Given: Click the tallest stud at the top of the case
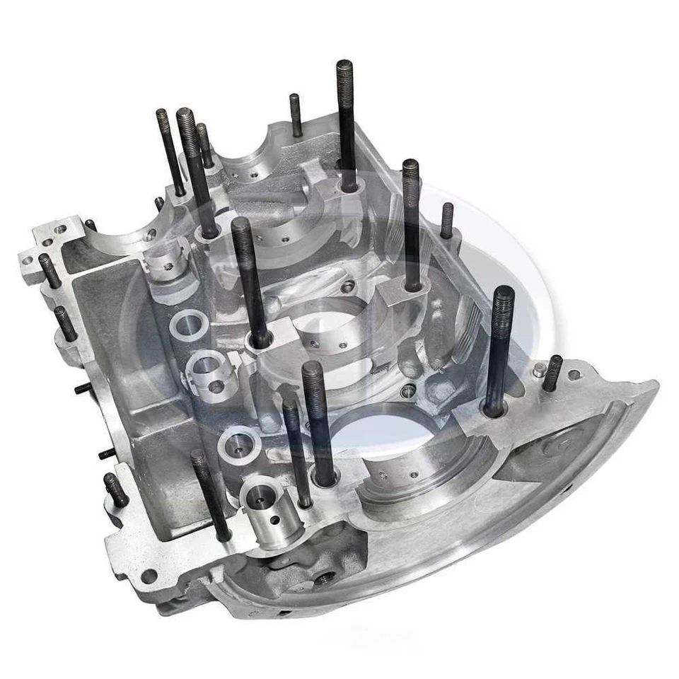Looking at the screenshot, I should point(346,120).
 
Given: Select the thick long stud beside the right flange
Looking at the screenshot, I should point(499,347).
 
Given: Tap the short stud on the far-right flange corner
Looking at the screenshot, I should point(552,373).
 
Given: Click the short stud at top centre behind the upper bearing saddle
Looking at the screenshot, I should point(296,115).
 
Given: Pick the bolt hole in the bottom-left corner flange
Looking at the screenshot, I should point(149,574).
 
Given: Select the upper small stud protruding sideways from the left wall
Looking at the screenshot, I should point(83,388).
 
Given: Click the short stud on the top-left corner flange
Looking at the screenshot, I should point(50,270).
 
